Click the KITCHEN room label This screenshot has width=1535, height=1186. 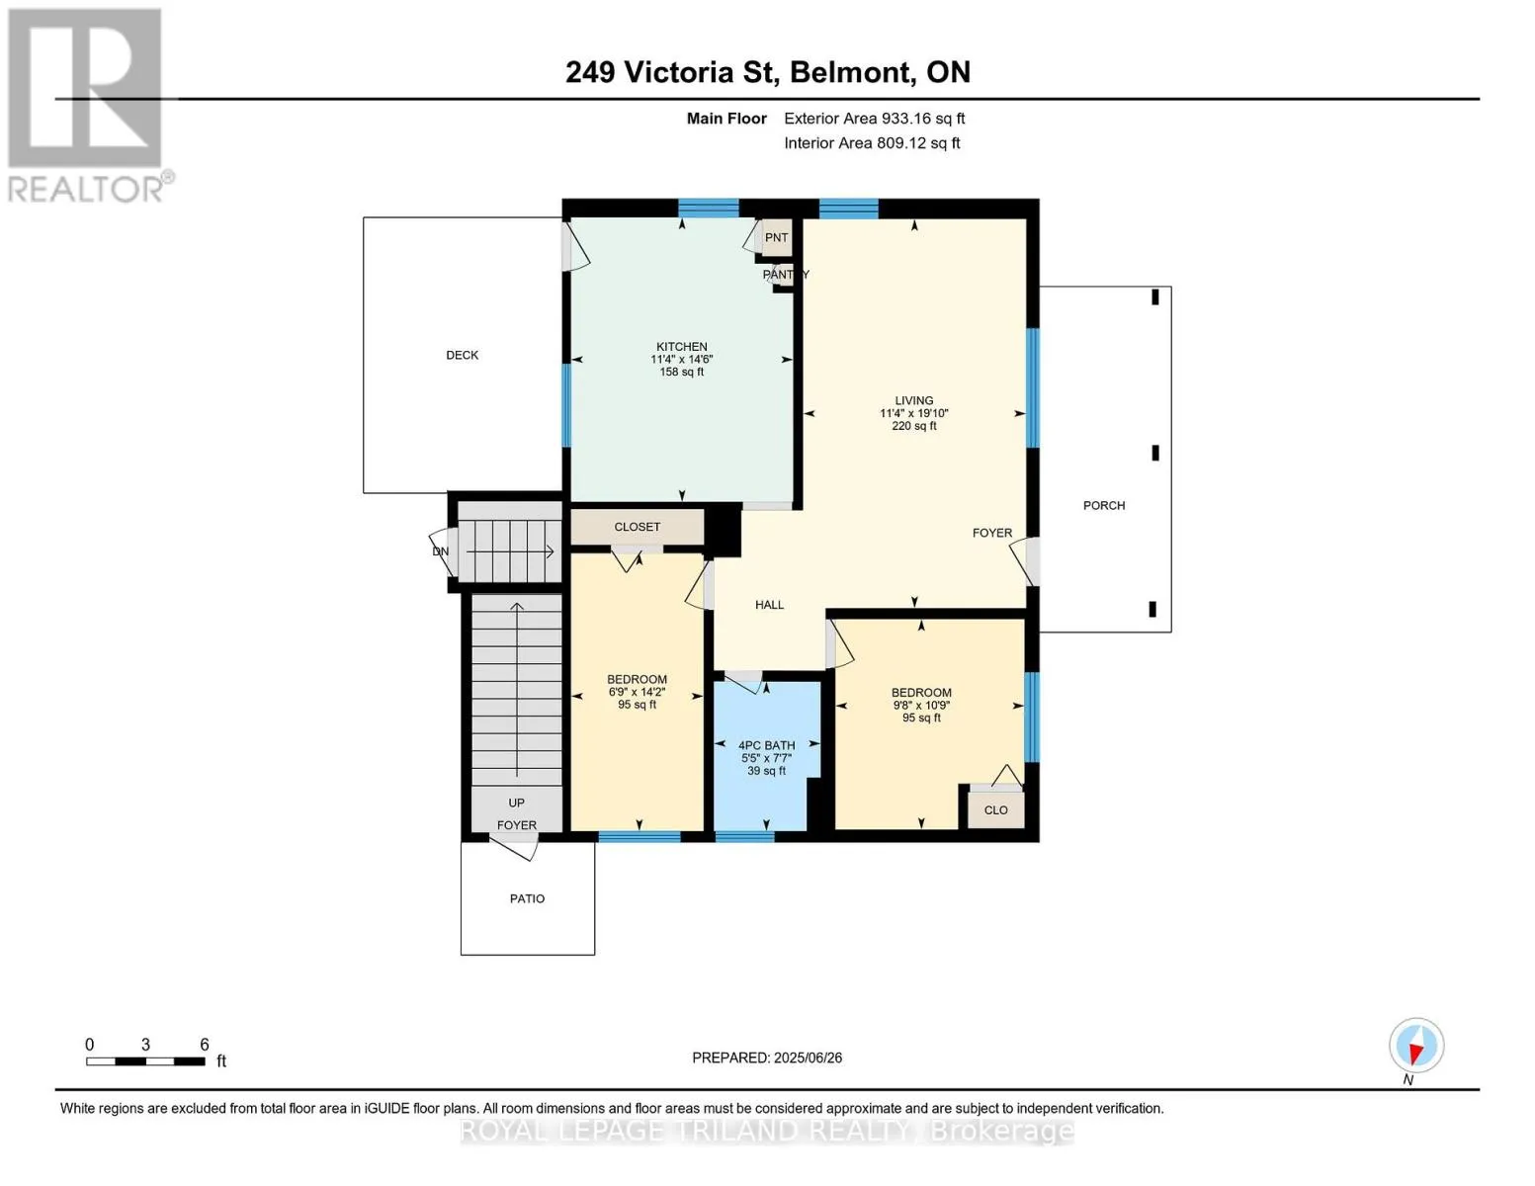681,346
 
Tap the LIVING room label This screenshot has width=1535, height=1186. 913,400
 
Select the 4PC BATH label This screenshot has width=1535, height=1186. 766,744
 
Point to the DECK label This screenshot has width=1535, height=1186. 462,355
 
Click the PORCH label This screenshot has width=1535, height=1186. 1103,505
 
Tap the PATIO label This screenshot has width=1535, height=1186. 527,898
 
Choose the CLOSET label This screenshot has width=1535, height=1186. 637,526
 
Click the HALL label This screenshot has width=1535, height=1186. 769,604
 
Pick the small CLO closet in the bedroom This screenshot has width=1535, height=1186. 995,809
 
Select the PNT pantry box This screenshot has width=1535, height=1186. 776,237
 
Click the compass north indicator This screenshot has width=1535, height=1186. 1416,1046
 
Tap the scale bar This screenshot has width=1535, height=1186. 145,1061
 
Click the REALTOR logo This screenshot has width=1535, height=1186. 89,106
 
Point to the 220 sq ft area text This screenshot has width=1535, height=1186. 913,426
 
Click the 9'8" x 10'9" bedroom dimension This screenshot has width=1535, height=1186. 920,705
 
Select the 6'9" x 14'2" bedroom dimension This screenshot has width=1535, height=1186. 637,692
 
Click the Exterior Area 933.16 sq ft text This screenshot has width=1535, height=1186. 874,119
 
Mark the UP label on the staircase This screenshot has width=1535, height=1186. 516,803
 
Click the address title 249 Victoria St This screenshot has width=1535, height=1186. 670,72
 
